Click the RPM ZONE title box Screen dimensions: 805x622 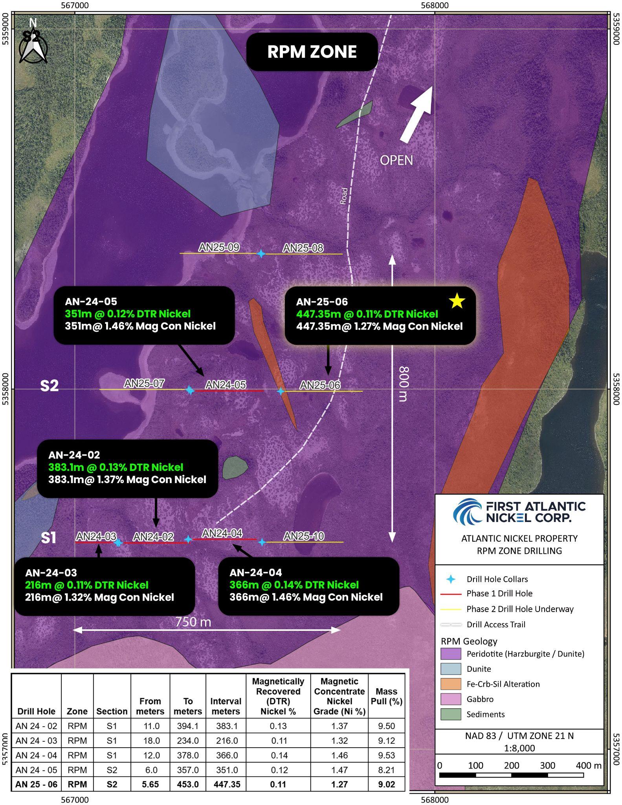(312, 52)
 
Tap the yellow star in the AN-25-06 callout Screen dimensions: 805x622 (457, 301)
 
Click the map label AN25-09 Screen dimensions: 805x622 (219, 247)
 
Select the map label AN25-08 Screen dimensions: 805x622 (303, 248)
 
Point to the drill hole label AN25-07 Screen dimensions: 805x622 (144, 383)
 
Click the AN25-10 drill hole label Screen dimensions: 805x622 (304, 536)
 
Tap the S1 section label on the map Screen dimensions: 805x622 (49, 538)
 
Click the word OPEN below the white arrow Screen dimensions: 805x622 (396, 160)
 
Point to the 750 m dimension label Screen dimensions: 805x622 (193, 622)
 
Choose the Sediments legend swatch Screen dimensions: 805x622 (451, 714)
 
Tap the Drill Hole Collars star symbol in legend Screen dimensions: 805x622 (451, 579)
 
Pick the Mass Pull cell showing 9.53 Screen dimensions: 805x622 (386, 755)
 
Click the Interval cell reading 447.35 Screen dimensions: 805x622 (227, 784)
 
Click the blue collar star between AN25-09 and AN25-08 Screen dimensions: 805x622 (261, 254)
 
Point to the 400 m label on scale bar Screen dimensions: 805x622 (588, 765)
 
